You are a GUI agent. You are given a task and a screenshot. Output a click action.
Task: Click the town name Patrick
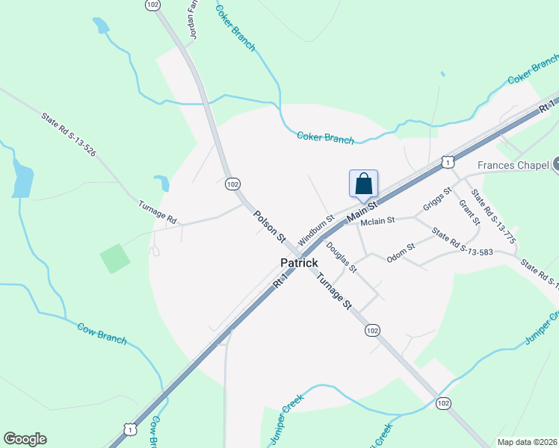click(x=299, y=263)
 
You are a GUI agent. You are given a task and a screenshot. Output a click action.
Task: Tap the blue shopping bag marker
click(x=363, y=184)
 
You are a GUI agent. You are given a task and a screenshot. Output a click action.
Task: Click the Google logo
click(x=25, y=439)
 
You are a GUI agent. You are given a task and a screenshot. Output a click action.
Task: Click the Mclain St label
click(x=377, y=222)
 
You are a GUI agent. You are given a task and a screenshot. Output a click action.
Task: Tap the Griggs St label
click(x=437, y=200)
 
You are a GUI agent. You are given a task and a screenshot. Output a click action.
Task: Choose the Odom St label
click(x=401, y=253)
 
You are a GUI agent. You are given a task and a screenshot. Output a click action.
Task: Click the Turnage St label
click(x=333, y=291)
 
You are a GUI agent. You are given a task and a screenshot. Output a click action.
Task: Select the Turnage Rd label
click(x=157, y=212)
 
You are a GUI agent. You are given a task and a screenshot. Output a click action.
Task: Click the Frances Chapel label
click(x=514, y=166)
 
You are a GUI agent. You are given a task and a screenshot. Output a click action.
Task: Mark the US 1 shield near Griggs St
click(x=447, y=161)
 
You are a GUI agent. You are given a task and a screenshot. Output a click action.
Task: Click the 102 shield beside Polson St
click(x=232, y=184)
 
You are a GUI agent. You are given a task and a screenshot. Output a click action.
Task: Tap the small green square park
click(x=115, y=258)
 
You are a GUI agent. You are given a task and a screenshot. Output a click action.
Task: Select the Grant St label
click(x=469, y=212)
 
